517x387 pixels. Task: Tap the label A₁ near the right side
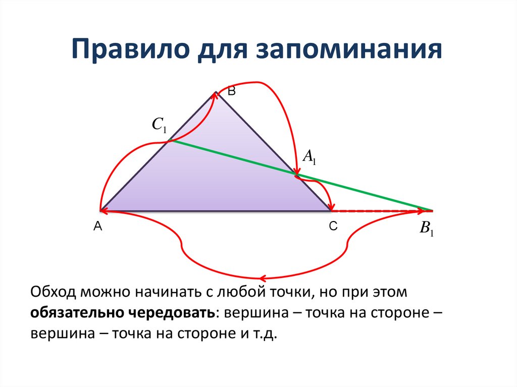tap(309, 157)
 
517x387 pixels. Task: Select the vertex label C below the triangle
tap(333, 228)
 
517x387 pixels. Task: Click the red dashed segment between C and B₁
tap(379, 210)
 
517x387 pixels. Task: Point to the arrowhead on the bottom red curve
tap(262, 278)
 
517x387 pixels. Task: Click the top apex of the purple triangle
tap(216, 92)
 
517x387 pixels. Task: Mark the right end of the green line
tap(432, 210)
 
